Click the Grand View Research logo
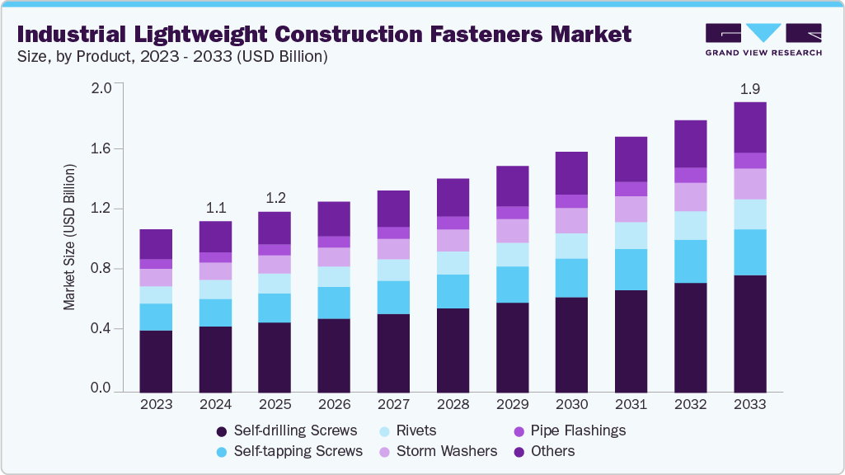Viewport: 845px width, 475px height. click(x=763, y=38)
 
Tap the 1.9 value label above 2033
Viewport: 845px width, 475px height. click(x=749, y=87)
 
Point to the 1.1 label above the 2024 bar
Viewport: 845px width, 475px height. click(x=215, y=207)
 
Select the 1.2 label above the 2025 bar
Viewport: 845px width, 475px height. click(x=275, y=198)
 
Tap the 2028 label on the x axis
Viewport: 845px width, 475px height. click(x=453, y=405)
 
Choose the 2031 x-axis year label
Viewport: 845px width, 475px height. click(x=631, y=405)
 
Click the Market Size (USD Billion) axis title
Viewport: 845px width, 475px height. click(x=70, y=237)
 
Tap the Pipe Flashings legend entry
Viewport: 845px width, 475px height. click(x=569, y=430)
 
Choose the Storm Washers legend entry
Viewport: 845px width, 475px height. click(x=438, y=451)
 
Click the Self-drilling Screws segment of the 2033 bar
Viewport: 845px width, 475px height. click(x=749, y=333)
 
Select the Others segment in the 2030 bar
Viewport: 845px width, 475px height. click(x=571, y=173)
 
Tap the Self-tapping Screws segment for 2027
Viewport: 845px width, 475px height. click(x=393, y=298)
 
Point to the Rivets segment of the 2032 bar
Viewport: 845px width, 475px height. click(x=690, y=226)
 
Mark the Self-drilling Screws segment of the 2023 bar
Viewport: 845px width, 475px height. click(x=156, y=361)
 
